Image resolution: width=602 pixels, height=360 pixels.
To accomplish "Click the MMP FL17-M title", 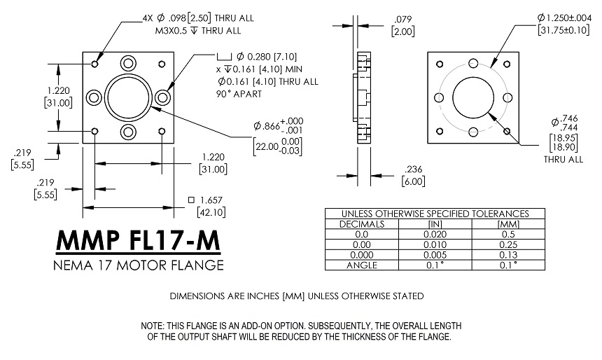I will point(138,240).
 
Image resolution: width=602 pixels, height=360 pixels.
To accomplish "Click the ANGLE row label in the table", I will point(362,265).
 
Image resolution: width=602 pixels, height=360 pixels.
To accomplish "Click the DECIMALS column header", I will point(362,223).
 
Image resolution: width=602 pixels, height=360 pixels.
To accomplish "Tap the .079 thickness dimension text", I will point(402,19).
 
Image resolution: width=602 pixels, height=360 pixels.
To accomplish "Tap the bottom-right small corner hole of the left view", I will point(162,131).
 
